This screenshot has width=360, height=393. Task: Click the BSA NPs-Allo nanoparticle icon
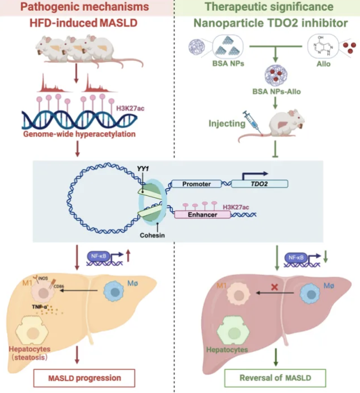click(x=276, y=76)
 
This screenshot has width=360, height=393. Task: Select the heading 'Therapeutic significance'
click(x=268, y=7)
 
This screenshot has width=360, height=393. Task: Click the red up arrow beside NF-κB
click(x=129, y=258)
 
